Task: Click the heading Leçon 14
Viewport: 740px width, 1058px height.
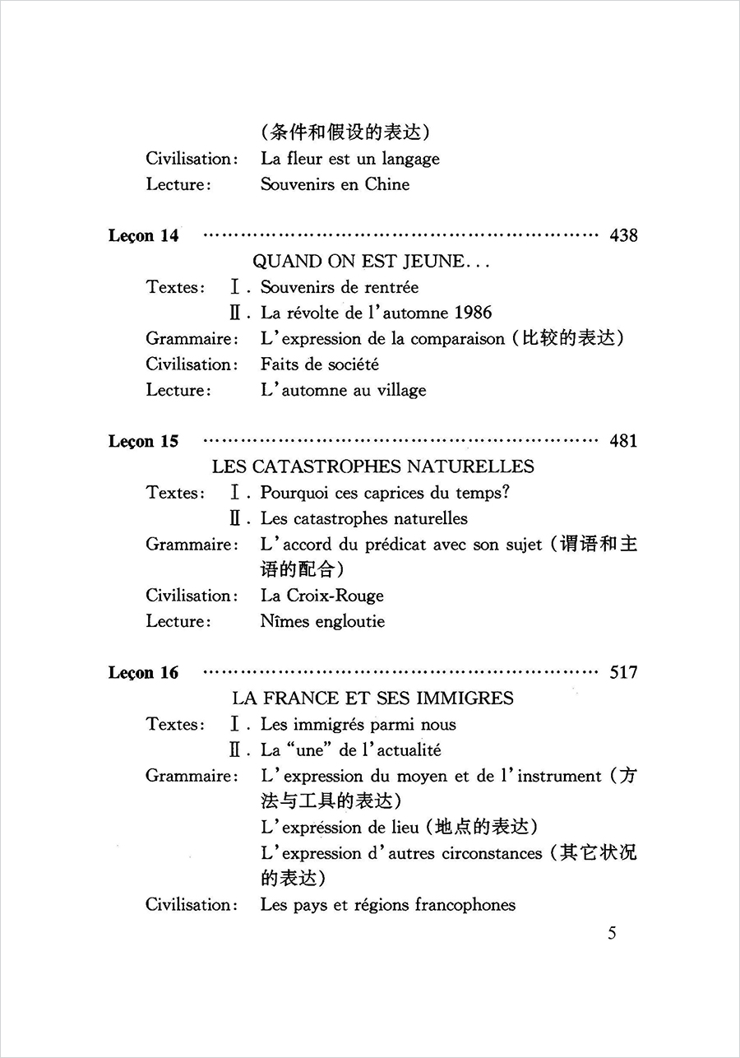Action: pos(143,236)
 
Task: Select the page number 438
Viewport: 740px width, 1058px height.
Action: pos(623,236)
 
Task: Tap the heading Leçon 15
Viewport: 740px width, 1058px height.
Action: pos(143,442)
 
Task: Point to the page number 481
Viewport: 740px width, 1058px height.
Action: pos(623,442)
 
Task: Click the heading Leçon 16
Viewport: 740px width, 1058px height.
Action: pos(143,673)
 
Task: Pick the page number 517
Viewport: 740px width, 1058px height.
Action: pos(623,673)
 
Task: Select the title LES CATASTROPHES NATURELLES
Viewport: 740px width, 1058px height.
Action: pos(372,466)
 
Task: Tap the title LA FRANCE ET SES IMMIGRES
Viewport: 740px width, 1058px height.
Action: pos(372,698)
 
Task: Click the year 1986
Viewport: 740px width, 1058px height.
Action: pos(472,313)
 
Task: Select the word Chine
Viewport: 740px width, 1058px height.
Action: pos(387,184)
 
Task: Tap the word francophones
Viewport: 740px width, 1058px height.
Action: pos(465,905)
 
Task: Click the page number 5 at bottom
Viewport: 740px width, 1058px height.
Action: pos(612,933)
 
